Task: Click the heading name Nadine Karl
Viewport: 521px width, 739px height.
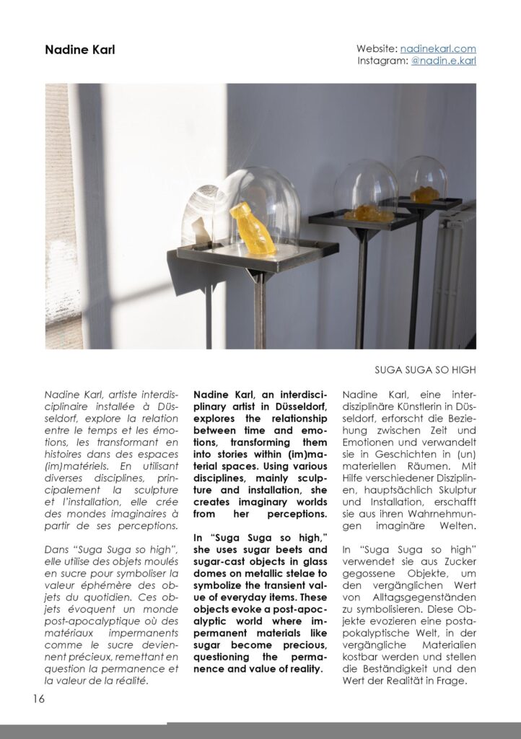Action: (x=79, y=50)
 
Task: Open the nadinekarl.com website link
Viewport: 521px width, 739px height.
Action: (x=438, y=48)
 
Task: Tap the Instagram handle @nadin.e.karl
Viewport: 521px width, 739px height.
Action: (x=443, y=61)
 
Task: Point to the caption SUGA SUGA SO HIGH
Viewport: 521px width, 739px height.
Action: (x=425, y=370)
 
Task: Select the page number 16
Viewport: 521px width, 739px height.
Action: (x=38, y=698)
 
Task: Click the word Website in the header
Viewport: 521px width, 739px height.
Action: (x=376, y=48)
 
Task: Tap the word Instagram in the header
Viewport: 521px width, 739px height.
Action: (x=382, y=61)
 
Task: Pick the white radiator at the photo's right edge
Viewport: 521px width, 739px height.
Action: (x=457, y=274)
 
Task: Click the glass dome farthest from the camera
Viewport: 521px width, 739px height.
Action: (x=423, y=180)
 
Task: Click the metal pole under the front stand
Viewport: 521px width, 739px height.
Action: (x=258, y=310)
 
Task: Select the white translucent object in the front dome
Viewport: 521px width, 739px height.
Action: (x=198, y=220)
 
